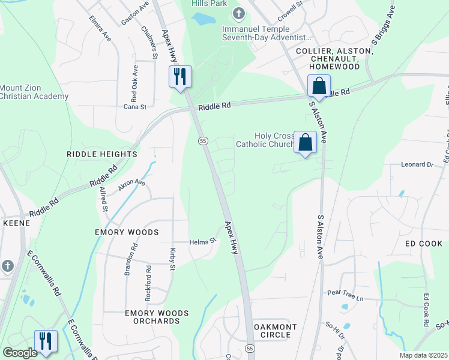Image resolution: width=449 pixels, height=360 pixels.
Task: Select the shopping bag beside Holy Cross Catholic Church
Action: (x=306, y=143)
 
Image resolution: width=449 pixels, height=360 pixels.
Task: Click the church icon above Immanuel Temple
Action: (x=239, y=13)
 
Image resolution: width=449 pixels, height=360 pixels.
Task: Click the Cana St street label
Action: (x=135, y=107)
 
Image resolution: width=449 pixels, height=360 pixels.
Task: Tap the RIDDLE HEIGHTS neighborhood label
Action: (x=103, y=154)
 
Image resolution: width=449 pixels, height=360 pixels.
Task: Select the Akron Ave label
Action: (x=132, y=185)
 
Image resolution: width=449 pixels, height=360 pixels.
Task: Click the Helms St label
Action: (x=203, y=241)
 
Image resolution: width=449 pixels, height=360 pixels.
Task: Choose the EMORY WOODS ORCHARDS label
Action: (x=157, y=317)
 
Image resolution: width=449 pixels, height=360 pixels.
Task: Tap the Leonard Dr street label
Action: (x=417, y=164)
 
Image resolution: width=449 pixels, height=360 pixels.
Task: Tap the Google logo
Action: (x=20, y=353)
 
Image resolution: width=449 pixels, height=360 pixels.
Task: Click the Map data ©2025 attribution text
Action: (x=423, y=355)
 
